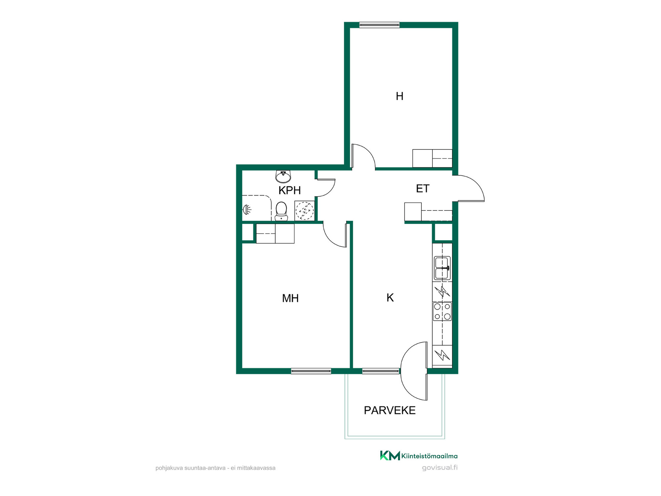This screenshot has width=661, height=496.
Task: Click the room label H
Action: click(x=399, y=96)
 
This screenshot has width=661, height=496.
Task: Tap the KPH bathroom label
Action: click(x=290, y=190)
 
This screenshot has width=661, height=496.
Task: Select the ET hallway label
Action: click(x=423, y=188)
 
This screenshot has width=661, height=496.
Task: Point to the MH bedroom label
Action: click(x=290, y=298)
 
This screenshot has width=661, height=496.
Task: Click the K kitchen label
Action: click(x=390, y=298)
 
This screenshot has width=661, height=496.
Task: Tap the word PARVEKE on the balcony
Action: click(x=390, y=410)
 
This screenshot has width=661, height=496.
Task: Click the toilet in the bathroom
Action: click(x=281, y=211)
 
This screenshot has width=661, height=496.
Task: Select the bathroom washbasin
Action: click(x=283, y=176)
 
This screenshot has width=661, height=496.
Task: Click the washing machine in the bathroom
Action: click(x=304, y=210)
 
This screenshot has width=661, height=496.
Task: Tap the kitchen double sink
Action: click(x=442, y=268)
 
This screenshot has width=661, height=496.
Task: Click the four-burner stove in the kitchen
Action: click(x=442, y=311)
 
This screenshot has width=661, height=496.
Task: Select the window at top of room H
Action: click(x=379, y=25)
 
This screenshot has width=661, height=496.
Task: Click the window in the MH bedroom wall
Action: click(x=311, y=371)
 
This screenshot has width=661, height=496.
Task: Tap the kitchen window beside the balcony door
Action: click(x=381, y=371)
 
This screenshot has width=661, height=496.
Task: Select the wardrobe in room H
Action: click(x=432, y=158)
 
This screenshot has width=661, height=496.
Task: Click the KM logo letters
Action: click(x=390, y=455)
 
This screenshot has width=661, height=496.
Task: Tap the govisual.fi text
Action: click(x=440, y=468)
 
